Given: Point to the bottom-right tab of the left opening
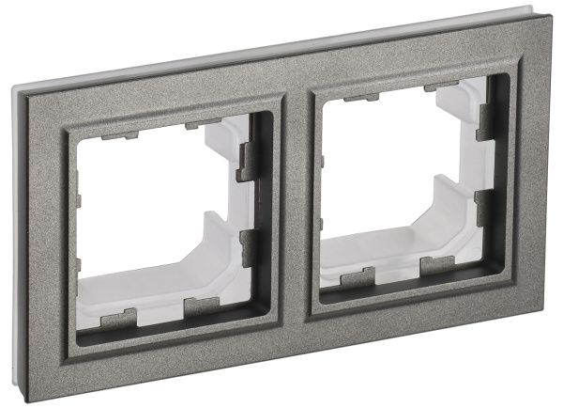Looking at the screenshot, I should (x=200, y=306).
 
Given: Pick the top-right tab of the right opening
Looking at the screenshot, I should (x=442, y=87).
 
